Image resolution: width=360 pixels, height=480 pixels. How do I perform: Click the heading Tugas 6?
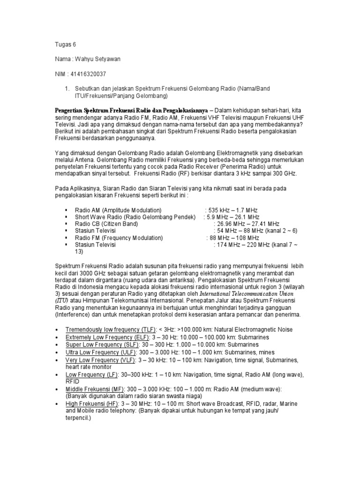[x=63, y=45]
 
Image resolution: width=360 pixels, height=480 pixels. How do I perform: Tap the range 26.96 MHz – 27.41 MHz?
[x=247, y=224]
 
